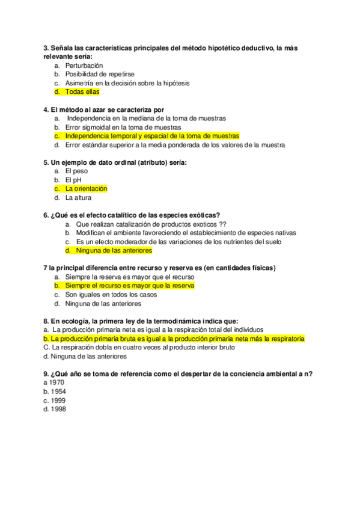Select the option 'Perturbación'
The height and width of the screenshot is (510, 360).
pos(84,65)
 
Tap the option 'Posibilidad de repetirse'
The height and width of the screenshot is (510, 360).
pos(100,74)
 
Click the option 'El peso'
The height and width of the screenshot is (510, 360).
pos(76,171)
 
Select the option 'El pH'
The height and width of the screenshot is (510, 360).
pos(73,180)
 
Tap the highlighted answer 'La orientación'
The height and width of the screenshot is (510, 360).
pos(86,188)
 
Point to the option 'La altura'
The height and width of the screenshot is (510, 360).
pos(78,197)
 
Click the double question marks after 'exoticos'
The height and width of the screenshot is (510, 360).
pos(222,224)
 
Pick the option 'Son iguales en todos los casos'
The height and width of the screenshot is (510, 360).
pos(111,295)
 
